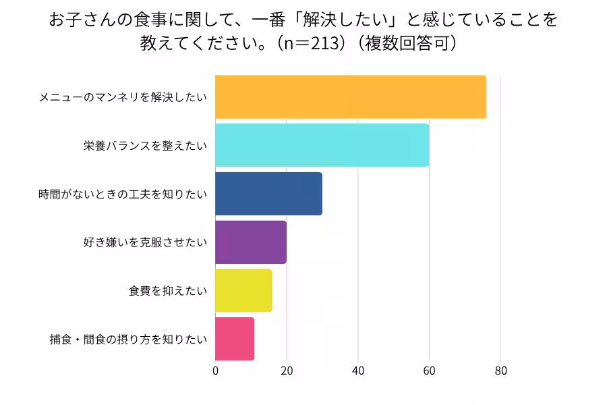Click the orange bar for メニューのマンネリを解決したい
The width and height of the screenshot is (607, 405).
coord(351,97)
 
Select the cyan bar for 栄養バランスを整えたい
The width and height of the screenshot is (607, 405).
coord(322,145)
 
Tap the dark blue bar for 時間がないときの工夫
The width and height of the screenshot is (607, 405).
coord(268,194)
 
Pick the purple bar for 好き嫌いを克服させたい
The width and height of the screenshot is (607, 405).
coord(251,242)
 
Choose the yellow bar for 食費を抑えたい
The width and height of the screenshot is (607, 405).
coord(243,291)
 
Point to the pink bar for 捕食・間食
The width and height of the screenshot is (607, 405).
coord(235,339)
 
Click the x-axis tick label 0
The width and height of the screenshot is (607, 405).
coord(216,371)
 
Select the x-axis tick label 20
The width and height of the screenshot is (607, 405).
coord(287,371)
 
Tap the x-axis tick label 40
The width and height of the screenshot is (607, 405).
coord(358,371)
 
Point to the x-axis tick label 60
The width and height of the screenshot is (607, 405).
coord(430,371)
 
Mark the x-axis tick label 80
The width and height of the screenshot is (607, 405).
coord(500,371)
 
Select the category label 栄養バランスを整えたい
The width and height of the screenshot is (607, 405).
coord(145,146)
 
